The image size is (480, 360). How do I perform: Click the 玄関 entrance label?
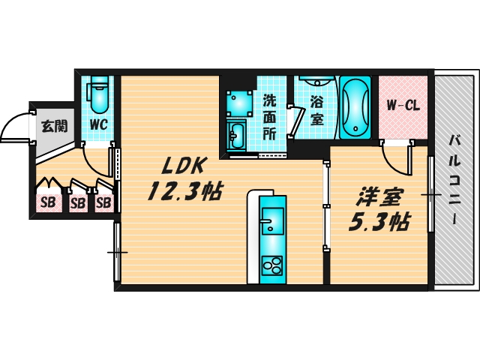pos(52,126)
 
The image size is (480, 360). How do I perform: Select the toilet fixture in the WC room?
pos(98,94)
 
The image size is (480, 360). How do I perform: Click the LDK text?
pos(178,166)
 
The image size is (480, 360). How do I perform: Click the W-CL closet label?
pos(403,105)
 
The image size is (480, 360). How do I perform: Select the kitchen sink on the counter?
pos(271,222)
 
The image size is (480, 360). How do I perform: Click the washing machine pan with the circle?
pos(239,100)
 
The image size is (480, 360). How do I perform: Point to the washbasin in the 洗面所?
pos(237,135)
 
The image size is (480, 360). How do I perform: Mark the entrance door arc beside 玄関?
pos(16,127)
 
